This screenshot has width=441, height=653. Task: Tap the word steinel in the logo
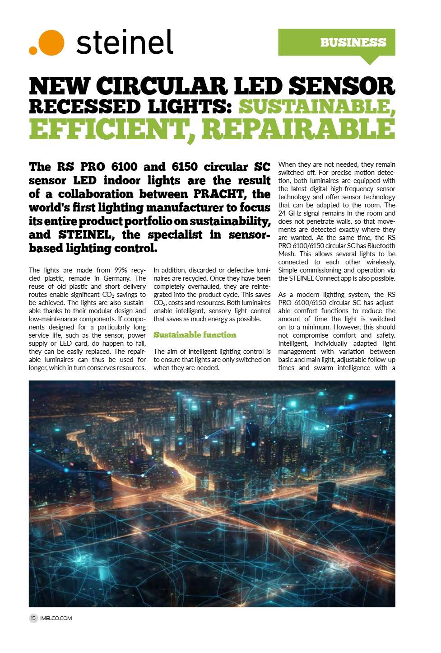[125, 42]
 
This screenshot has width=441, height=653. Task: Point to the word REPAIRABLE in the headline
[298, 129]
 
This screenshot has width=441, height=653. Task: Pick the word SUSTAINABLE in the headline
[316, 107]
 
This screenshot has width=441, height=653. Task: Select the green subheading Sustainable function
[195, 335]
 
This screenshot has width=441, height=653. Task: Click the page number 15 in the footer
[33, 618]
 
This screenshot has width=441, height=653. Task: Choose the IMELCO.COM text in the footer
[56, 618]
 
